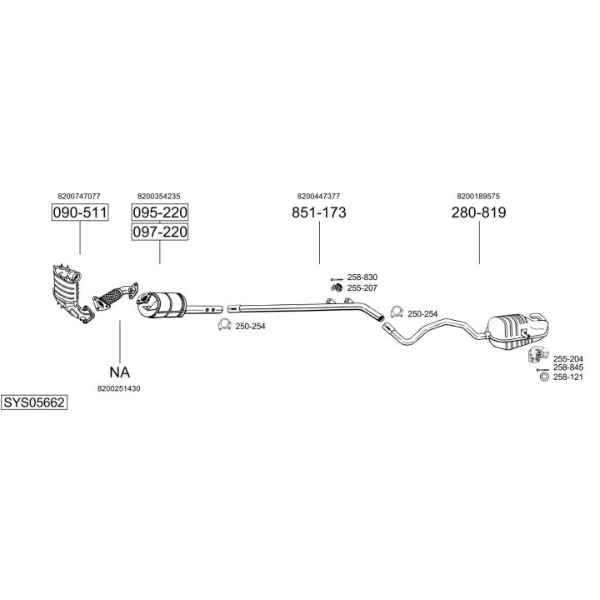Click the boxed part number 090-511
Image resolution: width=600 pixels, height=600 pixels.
click(x=80, y=212)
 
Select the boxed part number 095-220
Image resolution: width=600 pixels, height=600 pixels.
click(x=160, y=212)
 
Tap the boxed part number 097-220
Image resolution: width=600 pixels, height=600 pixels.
click(x=160, y=232)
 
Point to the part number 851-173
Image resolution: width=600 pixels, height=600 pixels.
click(x=319, y=212)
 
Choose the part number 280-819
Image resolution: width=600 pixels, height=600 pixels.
click(x=478, y=212)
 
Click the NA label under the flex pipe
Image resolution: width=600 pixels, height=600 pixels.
click(x=120, y=372)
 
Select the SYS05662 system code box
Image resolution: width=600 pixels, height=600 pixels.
click(x=34, y=402)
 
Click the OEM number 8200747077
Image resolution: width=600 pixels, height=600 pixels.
click(x=79, y=197)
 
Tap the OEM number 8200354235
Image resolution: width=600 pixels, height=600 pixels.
click(x=158, y=197)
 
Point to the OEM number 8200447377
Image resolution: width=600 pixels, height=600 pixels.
click(x=318, y=197)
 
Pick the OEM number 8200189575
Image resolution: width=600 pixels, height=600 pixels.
click(x=478, y=197)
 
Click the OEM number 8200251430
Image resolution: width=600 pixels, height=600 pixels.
click(x=119, y=388)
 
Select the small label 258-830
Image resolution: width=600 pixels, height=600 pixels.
click(x=362, y=277)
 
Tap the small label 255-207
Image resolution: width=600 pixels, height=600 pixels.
click(x=362, y=287)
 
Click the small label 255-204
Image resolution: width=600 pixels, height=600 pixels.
click(x=568, y=358)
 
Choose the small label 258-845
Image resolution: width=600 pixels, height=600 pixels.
click(x=568, y=367)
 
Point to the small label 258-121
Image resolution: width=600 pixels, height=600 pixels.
click(x=568, y=377)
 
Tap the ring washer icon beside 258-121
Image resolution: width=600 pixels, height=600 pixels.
click(x=544, y=377)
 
